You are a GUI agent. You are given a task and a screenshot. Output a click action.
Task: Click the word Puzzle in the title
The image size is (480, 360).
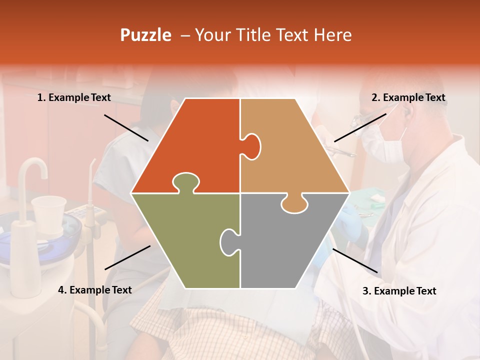(145, 35)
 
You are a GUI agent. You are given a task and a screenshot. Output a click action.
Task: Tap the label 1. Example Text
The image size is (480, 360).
(74, 98)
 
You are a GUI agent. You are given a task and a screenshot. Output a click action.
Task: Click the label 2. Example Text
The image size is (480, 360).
(408, 98)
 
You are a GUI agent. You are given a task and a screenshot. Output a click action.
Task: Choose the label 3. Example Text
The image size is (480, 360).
(399, 291)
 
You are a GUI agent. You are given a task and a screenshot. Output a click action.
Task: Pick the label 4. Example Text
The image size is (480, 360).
(95, 290)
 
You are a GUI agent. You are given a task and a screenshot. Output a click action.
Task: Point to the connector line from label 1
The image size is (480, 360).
(126, 127)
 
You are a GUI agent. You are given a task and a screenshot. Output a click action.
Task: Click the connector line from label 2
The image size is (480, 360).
(360, 127)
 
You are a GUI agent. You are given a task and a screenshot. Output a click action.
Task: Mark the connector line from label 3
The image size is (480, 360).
(355, 260)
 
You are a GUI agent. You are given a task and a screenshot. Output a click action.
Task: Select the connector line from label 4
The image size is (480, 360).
(127, 257)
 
